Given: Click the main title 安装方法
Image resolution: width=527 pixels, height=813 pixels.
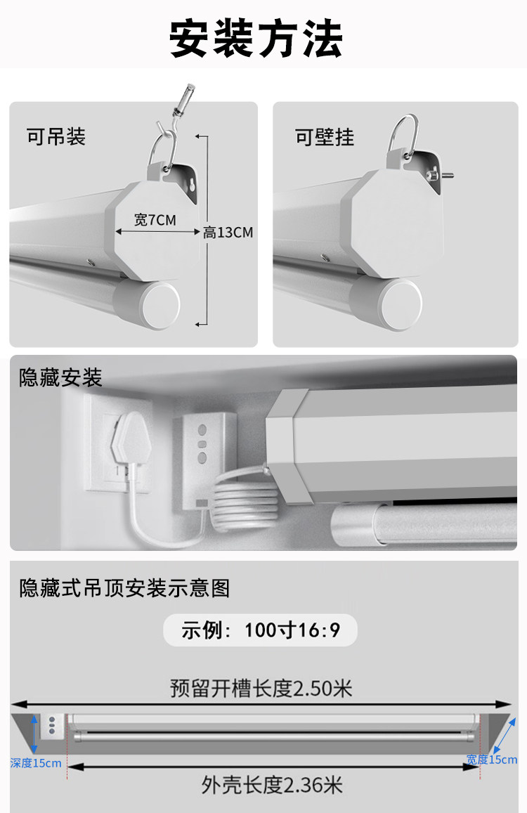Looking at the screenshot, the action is tap(256, 39).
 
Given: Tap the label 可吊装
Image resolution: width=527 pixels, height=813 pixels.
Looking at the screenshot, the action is tap(56, 137).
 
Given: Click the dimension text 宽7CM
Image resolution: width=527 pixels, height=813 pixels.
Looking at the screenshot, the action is tap(155, 220).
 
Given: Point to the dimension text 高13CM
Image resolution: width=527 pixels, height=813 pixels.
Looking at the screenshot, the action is tap(228, 233).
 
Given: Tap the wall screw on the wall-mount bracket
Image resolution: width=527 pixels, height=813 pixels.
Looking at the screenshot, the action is tap(441, 175).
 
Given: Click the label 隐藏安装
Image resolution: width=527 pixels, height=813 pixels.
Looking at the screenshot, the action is tap(60, 377).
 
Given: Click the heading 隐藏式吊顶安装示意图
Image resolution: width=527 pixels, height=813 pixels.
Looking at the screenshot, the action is tap(124, 588).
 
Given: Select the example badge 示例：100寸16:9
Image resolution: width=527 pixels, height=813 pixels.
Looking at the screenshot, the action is tap(261, 630).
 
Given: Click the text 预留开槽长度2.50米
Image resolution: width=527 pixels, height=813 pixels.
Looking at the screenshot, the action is tap(261, 689).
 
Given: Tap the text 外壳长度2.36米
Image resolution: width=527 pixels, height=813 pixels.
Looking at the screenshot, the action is tap(272, 785).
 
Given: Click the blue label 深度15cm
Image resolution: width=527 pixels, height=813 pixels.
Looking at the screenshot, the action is tap(36, 763).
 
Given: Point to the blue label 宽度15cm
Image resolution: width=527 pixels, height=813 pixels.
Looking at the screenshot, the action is tap(492, 760).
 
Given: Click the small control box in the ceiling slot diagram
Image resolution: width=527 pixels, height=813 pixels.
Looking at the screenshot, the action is tap(53, 725).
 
